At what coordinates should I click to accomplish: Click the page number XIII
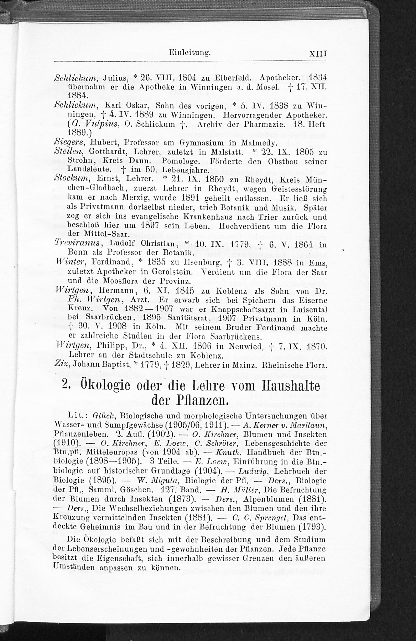point(318,54)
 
